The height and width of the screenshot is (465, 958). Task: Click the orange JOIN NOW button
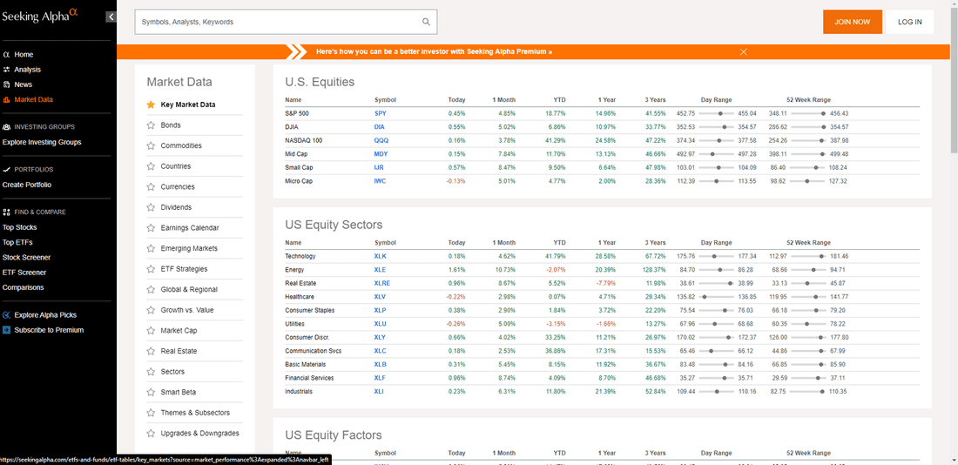click(x=853, y=22)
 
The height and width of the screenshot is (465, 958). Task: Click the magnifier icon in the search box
click(x=426, y=22)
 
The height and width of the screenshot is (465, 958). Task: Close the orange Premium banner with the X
click(x=744, y=52)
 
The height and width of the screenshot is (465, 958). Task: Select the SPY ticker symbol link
click(x=380, y=113)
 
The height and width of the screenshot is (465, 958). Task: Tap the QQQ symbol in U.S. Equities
click(x=381, y=140)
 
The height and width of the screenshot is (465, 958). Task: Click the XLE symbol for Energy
click(x=380, y=269)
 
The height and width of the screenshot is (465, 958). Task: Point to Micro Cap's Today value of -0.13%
click(x=455, y=181)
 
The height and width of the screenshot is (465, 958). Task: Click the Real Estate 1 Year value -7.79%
click(x=605, y=283)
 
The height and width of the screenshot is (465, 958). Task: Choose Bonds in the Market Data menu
click(x=171, y=125)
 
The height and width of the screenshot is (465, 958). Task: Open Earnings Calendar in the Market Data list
click(x=190, y=228)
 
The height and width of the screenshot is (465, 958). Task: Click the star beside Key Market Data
click(x=151, y=104)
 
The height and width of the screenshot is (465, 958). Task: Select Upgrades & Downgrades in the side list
click(x=199, y=434)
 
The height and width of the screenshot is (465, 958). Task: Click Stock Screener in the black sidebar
click(x=26, y=257)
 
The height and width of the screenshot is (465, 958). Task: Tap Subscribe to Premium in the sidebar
click(x=49, y=330)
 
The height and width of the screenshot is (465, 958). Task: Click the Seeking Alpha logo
click(x=40, y=17)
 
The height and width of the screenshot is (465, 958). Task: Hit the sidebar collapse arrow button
click(x=111, y=17)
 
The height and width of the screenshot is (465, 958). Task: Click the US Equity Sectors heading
click(x=334, y=225)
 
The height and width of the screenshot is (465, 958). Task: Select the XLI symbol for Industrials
click(x=380, y=391)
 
